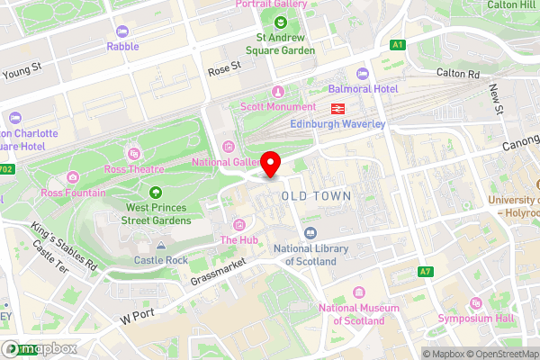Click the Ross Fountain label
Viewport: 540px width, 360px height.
[73, 193]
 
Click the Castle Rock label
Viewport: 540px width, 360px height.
[161, 260]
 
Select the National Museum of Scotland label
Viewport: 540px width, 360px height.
[358, 314]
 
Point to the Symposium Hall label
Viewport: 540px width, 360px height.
[474, 319]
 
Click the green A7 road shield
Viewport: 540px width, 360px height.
[426, 271]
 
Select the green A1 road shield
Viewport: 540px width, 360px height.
[398, 43]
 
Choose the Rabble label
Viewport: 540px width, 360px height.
[122, 46]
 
